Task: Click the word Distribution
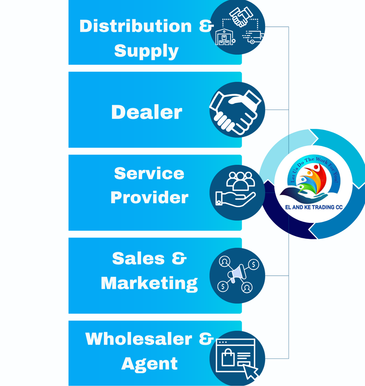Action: (135, 26)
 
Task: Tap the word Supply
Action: (146, 51)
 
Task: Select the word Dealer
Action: (146, 112)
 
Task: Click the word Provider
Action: (149, 197)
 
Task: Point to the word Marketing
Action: (149, 283)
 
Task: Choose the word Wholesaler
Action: (139, 339)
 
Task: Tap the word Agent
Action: (149, 364)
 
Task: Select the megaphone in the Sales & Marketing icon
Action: (237, 274)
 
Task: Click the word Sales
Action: (138, 258)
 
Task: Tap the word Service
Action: (149, 174)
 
